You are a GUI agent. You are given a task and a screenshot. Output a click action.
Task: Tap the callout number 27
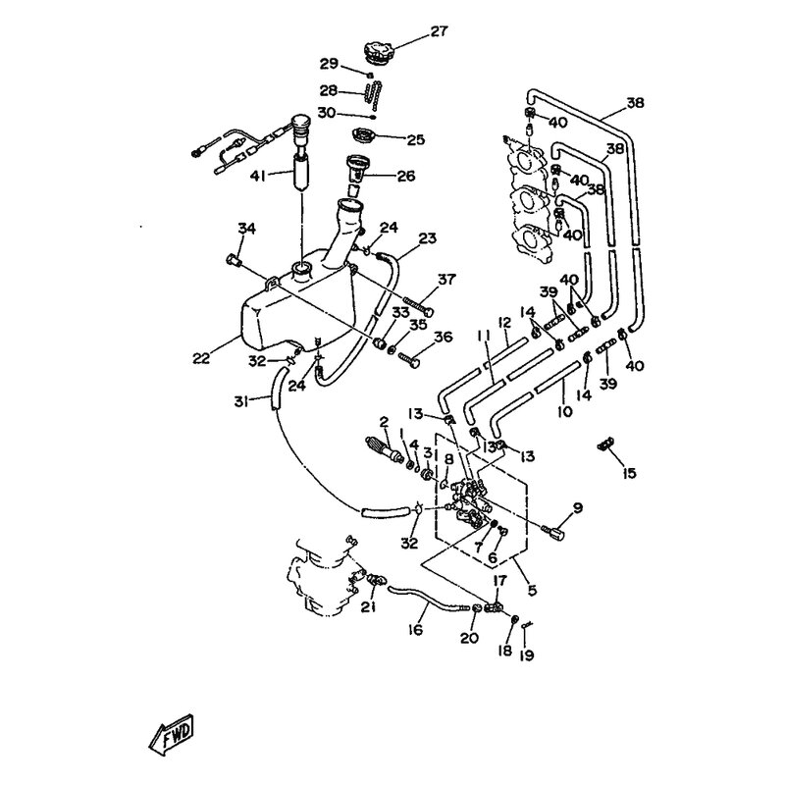coord(439,31)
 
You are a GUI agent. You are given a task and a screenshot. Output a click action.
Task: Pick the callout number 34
coord(246,229)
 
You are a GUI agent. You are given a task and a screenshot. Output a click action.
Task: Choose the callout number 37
coord(446,280)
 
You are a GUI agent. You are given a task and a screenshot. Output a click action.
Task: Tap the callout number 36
coord(443,337)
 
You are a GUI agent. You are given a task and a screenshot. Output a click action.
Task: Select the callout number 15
coord(629,473)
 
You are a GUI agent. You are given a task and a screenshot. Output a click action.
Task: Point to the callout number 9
coord(578,507)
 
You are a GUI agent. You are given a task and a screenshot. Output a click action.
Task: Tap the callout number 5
coord(532,591)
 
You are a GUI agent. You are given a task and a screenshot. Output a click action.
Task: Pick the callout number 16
coord(417,631)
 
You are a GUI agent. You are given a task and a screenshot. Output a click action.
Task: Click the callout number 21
coord(368,608)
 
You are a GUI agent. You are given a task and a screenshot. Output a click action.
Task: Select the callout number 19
coord(527,654)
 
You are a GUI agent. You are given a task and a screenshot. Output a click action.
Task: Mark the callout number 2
coord(385,424)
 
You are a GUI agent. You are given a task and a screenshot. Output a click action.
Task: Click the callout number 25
coord(415,140)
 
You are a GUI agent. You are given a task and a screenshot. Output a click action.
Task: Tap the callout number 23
coord(427,237)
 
